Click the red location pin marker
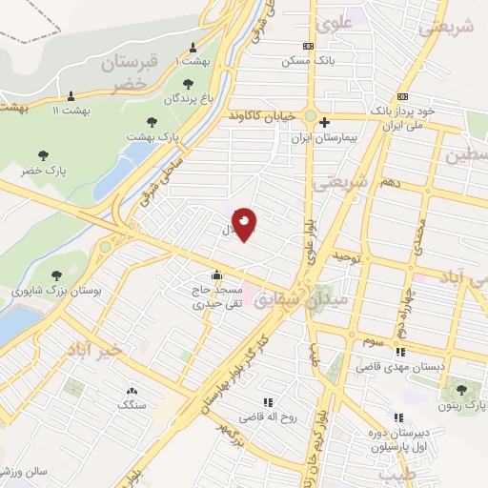click(245, 224)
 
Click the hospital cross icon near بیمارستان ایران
click(324, 122)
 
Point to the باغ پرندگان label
click(178, 98)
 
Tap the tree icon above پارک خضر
click(42, 154)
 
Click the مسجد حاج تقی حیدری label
click(220, 297)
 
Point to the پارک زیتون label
click(462, 405)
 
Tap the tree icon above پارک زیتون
click(462, 389)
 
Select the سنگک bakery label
click(132, 405)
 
